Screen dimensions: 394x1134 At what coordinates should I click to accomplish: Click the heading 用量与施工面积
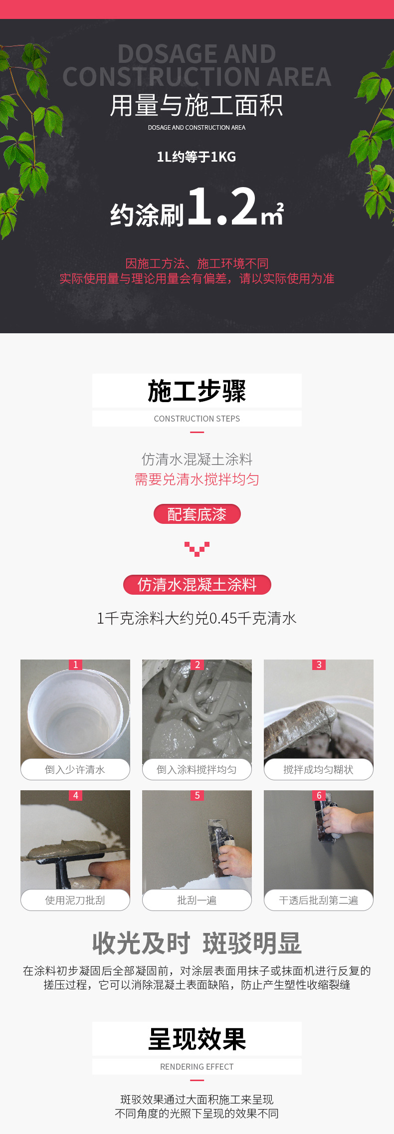[x=197, y=105]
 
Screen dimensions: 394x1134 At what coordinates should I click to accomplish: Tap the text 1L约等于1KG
[x=197, y=157]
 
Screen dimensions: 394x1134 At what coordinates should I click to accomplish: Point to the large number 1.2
[x=223, y=206]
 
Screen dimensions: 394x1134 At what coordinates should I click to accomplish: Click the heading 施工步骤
[x=197, y=391]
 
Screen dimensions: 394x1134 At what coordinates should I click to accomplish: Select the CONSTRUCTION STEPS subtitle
[x=197, y=419]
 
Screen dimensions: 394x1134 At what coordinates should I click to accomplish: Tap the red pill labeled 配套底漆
[x=197, y=514]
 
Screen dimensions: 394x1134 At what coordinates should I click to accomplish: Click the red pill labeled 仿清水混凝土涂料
[x=197, y=585]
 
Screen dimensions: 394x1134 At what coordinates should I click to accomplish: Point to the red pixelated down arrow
[x=197, y=549]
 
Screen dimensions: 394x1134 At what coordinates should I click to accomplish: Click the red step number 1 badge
[x=75, y=665]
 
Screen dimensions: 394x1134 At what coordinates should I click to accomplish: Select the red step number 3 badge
[x=319, y=665]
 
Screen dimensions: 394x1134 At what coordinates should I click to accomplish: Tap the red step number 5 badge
[x=197, y=795]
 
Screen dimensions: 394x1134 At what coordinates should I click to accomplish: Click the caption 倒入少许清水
[x=75, y=770]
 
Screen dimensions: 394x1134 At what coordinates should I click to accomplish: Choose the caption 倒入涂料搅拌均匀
[x=197, y=770]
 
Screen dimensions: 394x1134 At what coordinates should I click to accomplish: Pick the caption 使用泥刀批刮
[x=75, y=901]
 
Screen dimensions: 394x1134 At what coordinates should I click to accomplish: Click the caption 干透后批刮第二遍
[x=319, y=901]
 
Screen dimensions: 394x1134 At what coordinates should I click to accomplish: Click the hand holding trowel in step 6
[x=344, y=820]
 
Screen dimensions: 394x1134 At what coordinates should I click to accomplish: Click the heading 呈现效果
[x=197, y=1039]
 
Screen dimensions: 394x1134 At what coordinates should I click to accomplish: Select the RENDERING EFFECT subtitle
[x=197, y=1067]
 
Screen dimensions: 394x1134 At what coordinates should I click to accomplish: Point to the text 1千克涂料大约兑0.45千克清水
[x=197, y=619]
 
